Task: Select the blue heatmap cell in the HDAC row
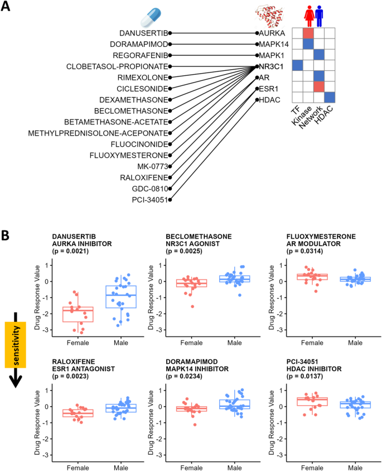(x=330, y=97)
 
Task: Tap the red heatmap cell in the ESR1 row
(x=319, y=86)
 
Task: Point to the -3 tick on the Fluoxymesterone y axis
(x=281, y=331)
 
